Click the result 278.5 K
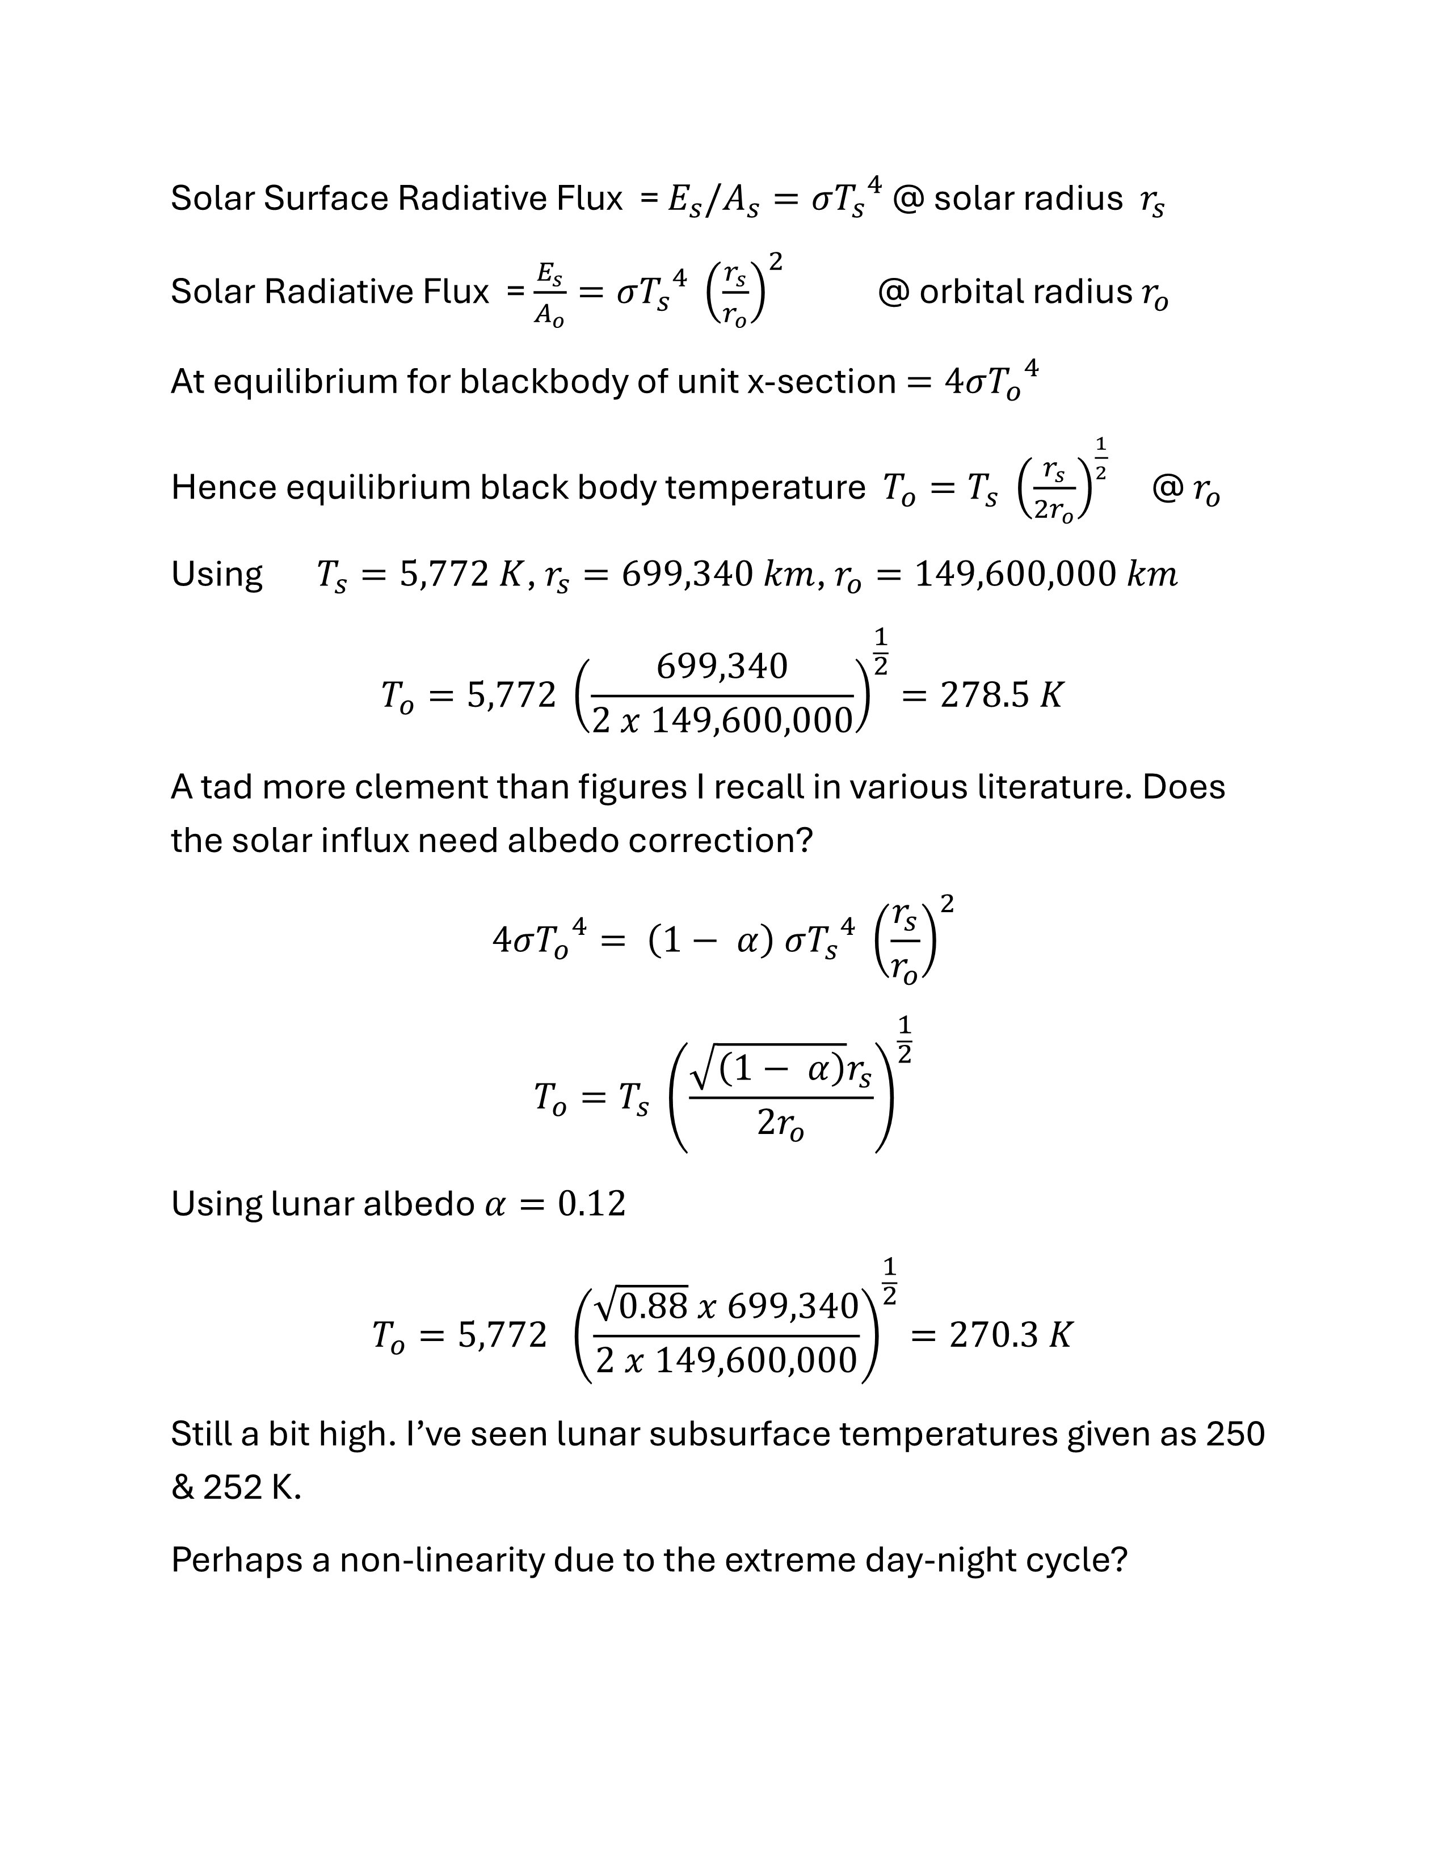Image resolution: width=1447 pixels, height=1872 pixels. (x=1001, y=695)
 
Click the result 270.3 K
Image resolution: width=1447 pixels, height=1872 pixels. (x=1011, y=1335)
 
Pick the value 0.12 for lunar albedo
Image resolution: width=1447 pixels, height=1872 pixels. (x=591, y=1204)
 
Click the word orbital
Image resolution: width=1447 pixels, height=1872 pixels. (x=972, y=292)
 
